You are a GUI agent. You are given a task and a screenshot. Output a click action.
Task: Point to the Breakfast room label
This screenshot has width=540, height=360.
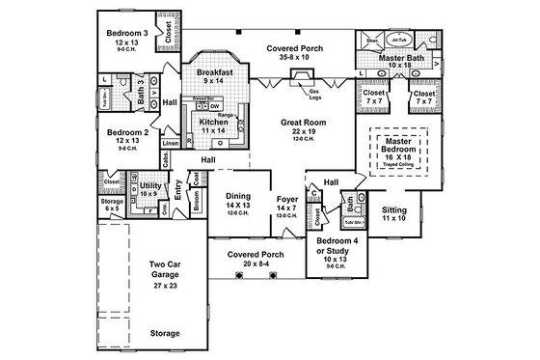[x=213, y=72]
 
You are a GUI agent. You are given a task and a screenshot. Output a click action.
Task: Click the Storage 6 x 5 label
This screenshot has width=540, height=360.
[x=111, y=204]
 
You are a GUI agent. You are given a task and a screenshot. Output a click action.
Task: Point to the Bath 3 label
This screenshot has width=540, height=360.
[x=141, y=94]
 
